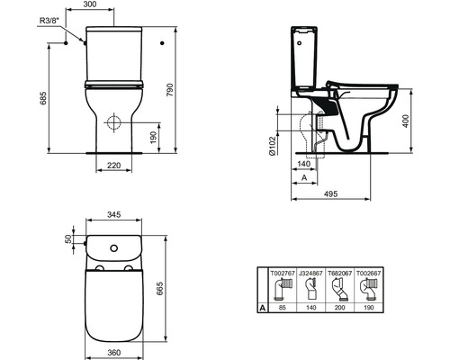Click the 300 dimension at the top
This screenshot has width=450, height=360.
coord(89,4)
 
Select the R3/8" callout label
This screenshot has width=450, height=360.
coord(49,21)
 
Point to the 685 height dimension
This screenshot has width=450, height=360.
coord(43,98)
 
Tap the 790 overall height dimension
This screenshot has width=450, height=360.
coord(170,90)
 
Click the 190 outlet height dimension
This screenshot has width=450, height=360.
coord(153,138)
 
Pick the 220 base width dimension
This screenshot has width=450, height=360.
coord(113,166)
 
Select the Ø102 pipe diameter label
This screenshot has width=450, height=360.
coord(272,146)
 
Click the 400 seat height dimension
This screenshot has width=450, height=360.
coord(406,121)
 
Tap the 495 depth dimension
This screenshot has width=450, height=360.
coord(330,193)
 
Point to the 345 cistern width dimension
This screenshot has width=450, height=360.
coord(114,214)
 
